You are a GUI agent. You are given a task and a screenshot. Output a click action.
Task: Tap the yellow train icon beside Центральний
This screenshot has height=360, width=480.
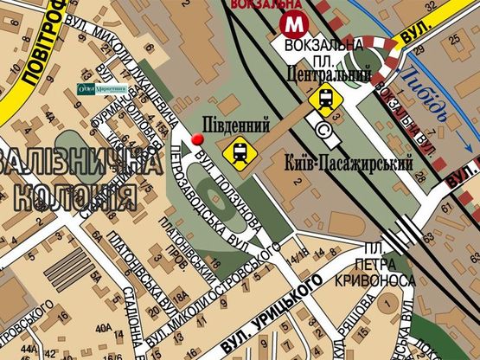(x=324, y=100)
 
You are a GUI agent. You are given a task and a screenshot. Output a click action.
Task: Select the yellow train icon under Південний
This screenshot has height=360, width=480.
(x=239, y=152)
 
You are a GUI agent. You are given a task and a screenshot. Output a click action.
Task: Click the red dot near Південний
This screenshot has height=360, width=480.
(x=198, y=139)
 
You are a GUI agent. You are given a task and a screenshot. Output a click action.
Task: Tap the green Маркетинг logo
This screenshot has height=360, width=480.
(x=102, y=87)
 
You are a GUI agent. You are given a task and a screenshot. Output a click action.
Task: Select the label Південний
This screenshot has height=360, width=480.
(x=230, y=123)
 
